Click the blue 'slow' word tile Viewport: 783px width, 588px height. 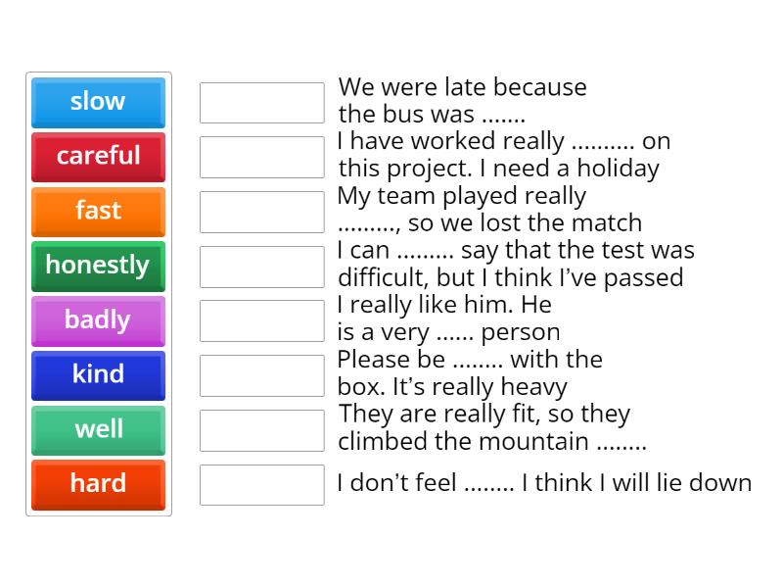98,102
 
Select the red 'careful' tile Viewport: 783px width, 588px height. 98,156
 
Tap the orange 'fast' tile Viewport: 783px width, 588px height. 98,211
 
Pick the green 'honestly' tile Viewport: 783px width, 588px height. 98,266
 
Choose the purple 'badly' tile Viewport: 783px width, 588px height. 98,320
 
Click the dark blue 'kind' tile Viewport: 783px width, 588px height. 98,374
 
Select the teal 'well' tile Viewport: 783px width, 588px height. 98,429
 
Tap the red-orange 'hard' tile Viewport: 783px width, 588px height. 98,484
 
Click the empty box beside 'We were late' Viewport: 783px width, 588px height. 261,103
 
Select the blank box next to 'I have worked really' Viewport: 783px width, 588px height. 261,157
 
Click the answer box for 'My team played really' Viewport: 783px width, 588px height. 261,212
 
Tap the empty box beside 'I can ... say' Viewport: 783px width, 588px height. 261,267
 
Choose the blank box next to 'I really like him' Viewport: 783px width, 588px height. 261,320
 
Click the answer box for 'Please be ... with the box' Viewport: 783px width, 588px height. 261,375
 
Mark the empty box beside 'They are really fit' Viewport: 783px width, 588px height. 261,430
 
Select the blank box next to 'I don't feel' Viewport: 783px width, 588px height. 261,484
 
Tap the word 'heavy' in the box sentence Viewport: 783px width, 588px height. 534,386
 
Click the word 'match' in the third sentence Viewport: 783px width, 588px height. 608,223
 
